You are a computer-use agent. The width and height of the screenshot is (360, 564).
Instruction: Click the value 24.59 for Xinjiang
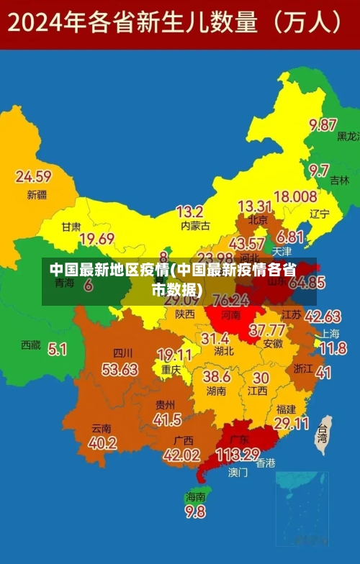33,176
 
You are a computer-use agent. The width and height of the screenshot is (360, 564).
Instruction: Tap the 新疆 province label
37,194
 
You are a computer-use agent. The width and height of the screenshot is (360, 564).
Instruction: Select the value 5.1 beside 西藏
57,349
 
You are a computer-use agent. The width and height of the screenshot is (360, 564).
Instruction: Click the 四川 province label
123,353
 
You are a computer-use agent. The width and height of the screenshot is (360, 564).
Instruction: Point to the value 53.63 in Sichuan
120,369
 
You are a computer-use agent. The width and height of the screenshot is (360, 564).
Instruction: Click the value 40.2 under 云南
102,443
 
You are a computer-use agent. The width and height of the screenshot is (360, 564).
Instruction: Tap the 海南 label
195,496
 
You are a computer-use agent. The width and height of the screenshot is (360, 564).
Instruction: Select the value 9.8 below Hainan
195,511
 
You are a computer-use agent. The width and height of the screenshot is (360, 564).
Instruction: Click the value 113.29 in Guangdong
238,455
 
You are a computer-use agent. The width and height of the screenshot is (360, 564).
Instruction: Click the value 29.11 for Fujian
292,424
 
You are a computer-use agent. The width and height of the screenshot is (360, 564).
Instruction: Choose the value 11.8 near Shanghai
332,349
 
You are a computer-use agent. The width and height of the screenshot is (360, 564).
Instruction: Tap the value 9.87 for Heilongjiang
323,124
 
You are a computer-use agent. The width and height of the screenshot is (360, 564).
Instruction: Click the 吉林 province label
339,181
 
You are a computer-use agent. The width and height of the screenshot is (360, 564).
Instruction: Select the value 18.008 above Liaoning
295,196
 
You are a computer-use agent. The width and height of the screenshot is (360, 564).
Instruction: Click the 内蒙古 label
195,226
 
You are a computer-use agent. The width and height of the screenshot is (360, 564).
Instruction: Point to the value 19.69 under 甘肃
96,239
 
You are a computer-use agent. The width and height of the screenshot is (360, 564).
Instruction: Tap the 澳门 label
238,473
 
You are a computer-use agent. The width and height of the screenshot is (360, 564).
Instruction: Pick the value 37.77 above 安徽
266,330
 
